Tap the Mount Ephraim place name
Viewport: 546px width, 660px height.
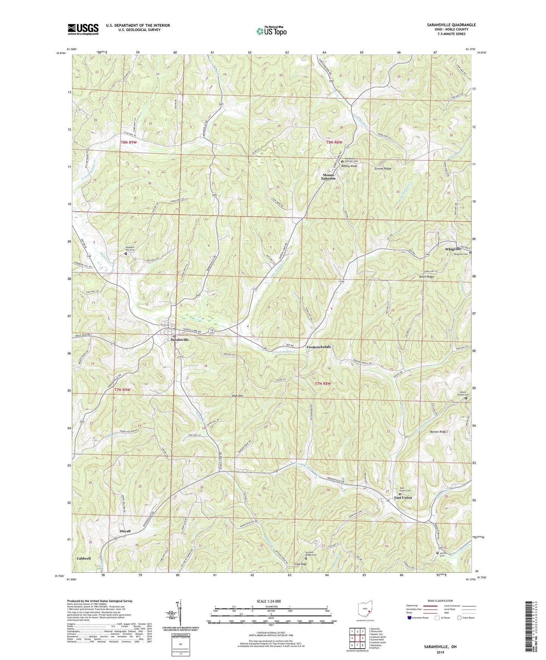pos(328,177)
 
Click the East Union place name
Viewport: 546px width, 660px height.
pos(403,497)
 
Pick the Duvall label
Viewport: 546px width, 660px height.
pos(125,531)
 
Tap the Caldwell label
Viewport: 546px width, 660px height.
pos(84,558)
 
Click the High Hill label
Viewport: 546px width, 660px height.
pos(237,396)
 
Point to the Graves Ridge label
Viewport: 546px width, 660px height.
pos(383,169)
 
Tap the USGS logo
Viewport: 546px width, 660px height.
pos(83,29)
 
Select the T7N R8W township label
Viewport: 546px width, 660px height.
pos(323,384)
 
